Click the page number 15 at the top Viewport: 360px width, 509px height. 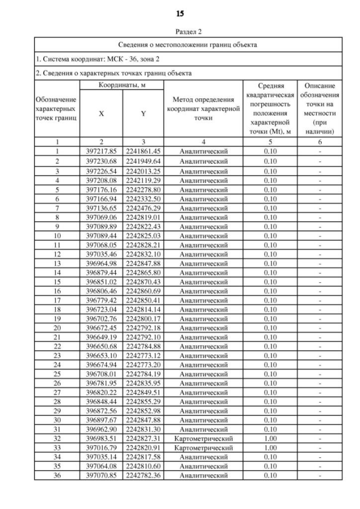(x=180, y=13)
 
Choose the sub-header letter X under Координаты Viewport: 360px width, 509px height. (x=101, y=113)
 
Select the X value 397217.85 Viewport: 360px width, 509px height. (x=101, y=151)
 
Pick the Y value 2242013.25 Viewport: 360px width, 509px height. (x=143, y=171)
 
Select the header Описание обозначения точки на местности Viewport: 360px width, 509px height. (x=319, y=109)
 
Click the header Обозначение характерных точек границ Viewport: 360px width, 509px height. (x=57, y=109)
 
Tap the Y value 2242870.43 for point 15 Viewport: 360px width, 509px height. (x=143, y=281)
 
